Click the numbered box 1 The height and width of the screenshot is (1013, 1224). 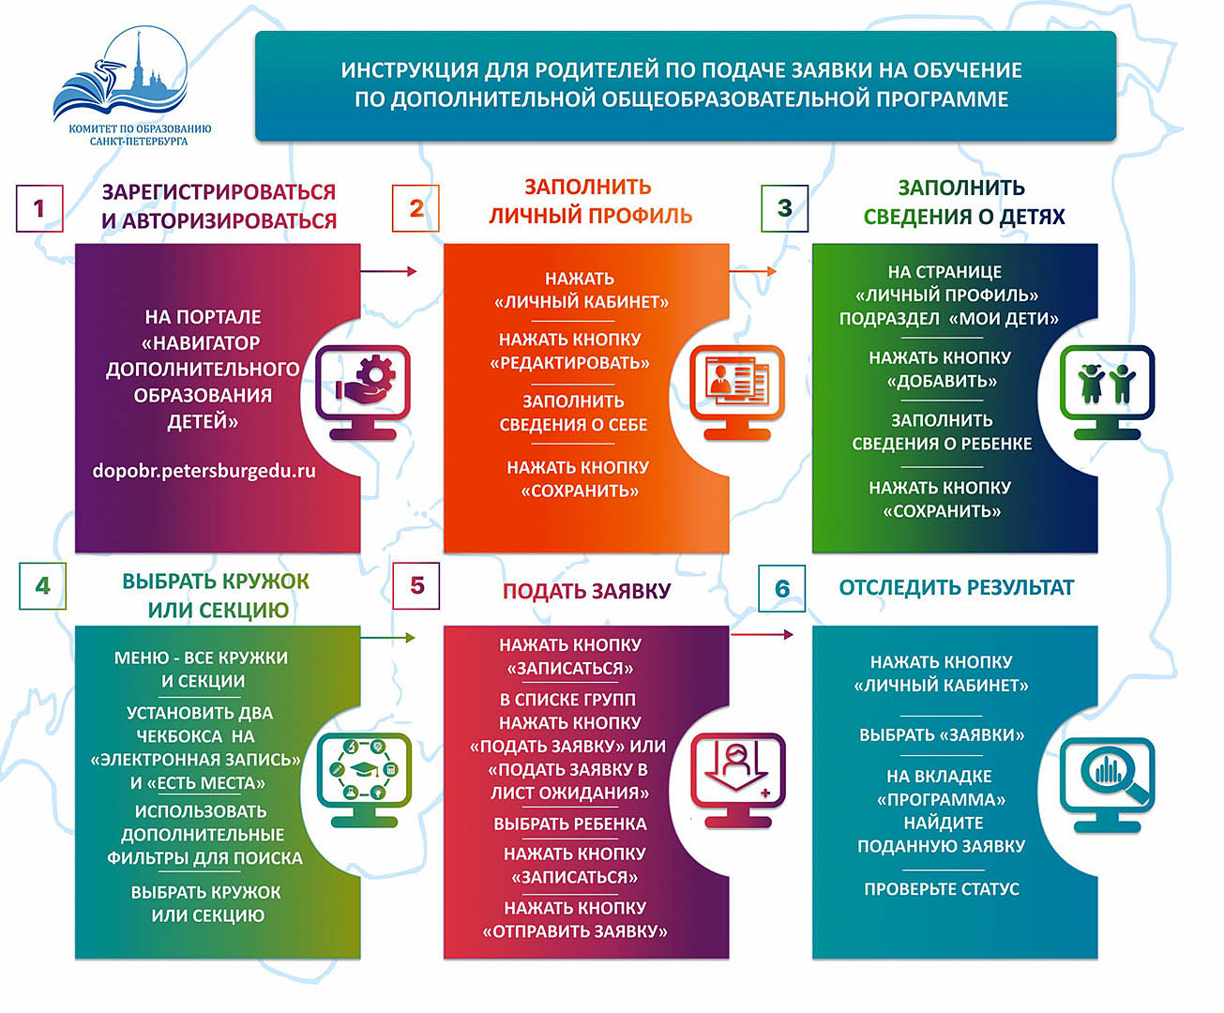[x=39, y=208]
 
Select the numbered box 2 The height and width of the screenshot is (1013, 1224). [x=416, y=208]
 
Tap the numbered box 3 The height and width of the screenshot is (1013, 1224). [x=784, y=208]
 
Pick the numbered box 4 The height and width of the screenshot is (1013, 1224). [x=42, y=585]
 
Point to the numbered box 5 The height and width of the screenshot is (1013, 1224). [x=416, y=585]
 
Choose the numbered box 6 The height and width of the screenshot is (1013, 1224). [x=782, y=589]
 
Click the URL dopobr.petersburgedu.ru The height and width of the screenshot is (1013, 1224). [x=204, y=471]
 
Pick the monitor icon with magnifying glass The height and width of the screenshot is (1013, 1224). [x=1107, y=785]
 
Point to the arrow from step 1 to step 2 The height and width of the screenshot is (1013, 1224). [x=388, y=271]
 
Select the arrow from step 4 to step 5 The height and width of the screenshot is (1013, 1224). [x=387, y=638]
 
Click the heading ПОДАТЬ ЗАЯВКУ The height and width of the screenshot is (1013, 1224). [x=587, y=591]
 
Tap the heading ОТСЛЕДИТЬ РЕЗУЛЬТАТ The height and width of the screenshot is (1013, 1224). [x=956, y=587]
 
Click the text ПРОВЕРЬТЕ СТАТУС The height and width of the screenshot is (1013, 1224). [x=942, y=889]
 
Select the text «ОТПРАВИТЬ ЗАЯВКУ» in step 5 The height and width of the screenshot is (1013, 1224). [x=575, y=930]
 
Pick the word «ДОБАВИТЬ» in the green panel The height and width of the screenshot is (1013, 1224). [x=942, y=381]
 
